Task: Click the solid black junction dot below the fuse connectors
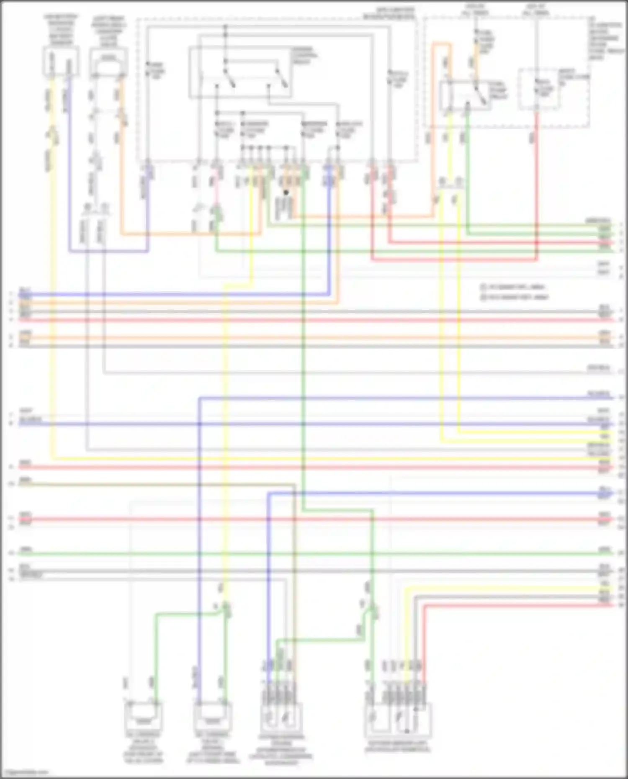[x=286, y=193]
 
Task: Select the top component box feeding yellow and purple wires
[x=61, y=62]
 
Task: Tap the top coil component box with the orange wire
[x=109, y=62]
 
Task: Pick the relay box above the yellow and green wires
[x=465, y=95]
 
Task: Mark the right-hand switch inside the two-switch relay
[x=281, y=78]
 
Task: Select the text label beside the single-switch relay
[x=498, y=90]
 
